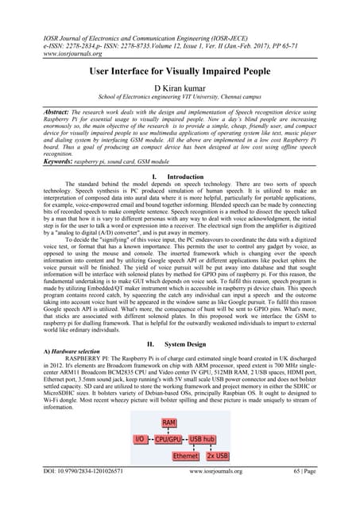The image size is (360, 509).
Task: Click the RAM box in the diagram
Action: (169, 423)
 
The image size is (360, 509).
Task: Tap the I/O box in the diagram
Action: (140, 439)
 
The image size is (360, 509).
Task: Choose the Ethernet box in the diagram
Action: (186, 457)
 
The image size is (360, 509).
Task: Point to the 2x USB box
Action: (216, 457)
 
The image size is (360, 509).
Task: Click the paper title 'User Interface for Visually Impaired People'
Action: (179, 71)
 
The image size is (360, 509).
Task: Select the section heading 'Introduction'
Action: (186, 175)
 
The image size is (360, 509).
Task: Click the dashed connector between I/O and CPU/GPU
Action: (150, 439)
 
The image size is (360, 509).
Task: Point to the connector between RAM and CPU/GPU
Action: (169, 431)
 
